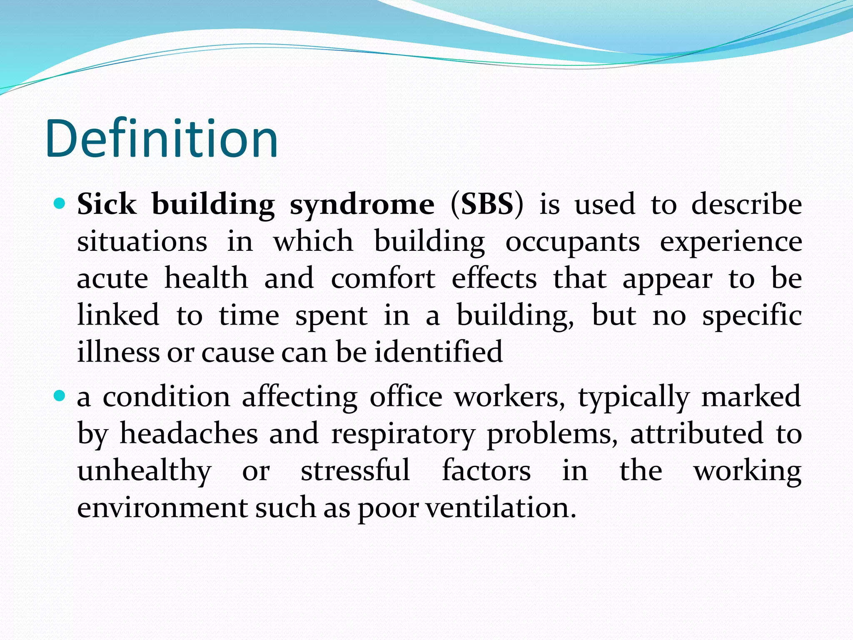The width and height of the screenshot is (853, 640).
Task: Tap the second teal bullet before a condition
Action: tap(60, 396)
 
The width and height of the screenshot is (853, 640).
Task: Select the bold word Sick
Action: tap(107, 205)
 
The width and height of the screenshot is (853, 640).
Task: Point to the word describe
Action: tap(746, 205)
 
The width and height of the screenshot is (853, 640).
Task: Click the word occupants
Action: tap(572, 242)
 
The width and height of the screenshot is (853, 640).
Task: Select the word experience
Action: tap(731, 242)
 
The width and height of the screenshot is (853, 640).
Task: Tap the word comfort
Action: tap(383, 278)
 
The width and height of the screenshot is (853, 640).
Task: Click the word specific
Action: tap(752, 315)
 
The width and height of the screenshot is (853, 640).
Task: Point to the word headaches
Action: tap(189, 433)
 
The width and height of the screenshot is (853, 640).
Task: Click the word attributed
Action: tap(696, 433)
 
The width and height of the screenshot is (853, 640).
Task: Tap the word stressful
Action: tap(355, 470)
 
